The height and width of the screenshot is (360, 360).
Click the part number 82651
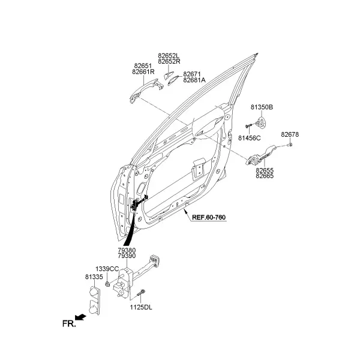tap(143, 66)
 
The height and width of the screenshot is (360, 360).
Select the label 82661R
tap(143, 72)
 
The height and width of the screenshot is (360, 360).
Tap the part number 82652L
tap(169, 56)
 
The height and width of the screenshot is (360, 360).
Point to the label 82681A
tap(194, 80)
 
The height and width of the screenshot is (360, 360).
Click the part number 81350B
tap(262, 107)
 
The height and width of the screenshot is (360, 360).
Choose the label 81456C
tap(250, 138)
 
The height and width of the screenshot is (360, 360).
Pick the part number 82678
tap(290, 134)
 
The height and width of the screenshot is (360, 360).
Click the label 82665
tap(265, 176)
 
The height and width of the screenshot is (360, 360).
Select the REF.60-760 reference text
tap(209, 217)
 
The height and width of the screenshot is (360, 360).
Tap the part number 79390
tap(127, 256)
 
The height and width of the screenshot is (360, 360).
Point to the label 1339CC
tap(107, 269)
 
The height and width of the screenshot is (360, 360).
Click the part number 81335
tap(94, 277)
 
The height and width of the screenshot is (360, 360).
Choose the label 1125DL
tap(141, 307)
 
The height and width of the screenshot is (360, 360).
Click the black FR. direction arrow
tap(80, 317)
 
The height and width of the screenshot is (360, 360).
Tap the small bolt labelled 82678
tap(290, 145)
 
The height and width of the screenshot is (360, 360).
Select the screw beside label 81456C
tap(249, 125)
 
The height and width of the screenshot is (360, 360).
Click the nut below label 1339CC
tap(107, 284)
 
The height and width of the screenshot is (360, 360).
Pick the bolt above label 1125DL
tap(141, 293)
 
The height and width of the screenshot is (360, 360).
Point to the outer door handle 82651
tap(146, 91)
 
